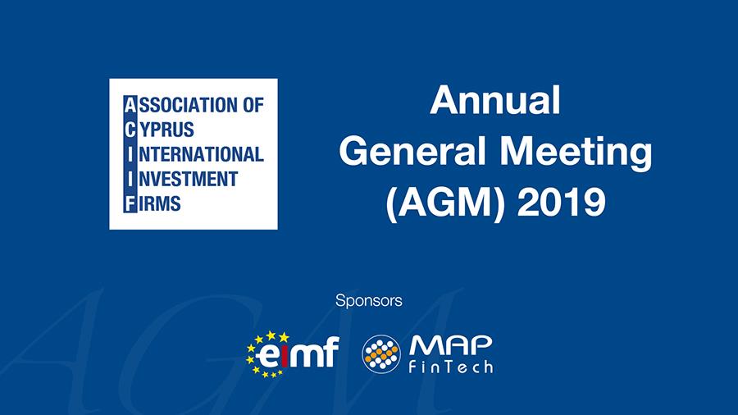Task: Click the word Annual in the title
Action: [495, 100]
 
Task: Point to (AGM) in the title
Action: [444, 203]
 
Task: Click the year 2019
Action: [561, 203]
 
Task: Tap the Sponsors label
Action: [368, 301]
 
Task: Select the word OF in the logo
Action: [253, 105]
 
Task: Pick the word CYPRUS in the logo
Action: [159, 130]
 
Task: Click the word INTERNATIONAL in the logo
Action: [194, 154]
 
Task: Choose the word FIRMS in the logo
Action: [153, 203]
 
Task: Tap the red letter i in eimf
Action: [281, 355]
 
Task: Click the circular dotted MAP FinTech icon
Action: [381, 353]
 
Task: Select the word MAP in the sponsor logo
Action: [451, 346]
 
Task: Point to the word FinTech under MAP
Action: [451, 367]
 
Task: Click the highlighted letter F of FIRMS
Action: [130, 203]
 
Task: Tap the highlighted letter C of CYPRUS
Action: [130, 130]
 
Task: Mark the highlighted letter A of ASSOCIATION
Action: [130, 105]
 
